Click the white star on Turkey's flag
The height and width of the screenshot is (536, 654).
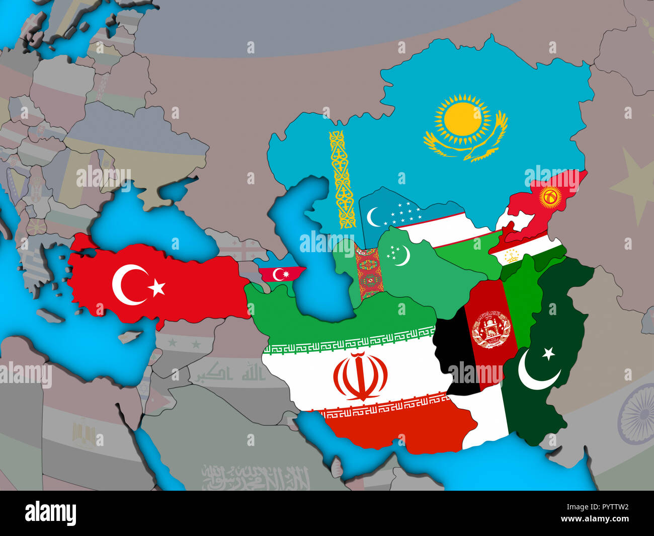[157, 287]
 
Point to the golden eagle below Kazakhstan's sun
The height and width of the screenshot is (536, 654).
[465, 146]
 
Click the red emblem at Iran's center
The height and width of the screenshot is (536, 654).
[360, 376]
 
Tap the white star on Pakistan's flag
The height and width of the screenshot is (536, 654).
[548, 353]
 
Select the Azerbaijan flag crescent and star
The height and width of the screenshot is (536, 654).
[280, 274]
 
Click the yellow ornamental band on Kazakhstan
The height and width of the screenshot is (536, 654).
[341, 179]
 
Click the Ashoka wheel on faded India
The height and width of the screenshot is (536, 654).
[637, 408]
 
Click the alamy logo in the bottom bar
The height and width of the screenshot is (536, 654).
[51, 513]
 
